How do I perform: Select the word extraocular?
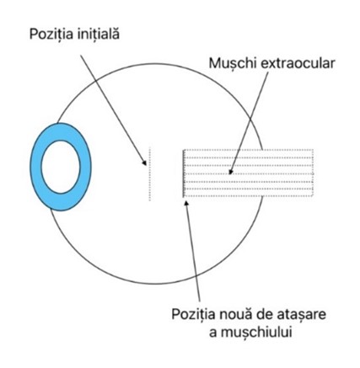(298, 63)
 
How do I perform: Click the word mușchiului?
(256, 333)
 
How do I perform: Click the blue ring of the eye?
(36, 167)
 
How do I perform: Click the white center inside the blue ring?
(61, 167)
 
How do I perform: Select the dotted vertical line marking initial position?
(150, 173)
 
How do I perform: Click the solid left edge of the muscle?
(184, 173)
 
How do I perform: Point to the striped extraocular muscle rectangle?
(248, 173)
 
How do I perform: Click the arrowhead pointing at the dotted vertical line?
(144, 163)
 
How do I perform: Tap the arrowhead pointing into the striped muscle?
(230, 171)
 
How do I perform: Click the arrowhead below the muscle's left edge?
(185, 202)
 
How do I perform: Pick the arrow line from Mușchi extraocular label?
(249, 123)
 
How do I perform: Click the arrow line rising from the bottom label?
(193, 250)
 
